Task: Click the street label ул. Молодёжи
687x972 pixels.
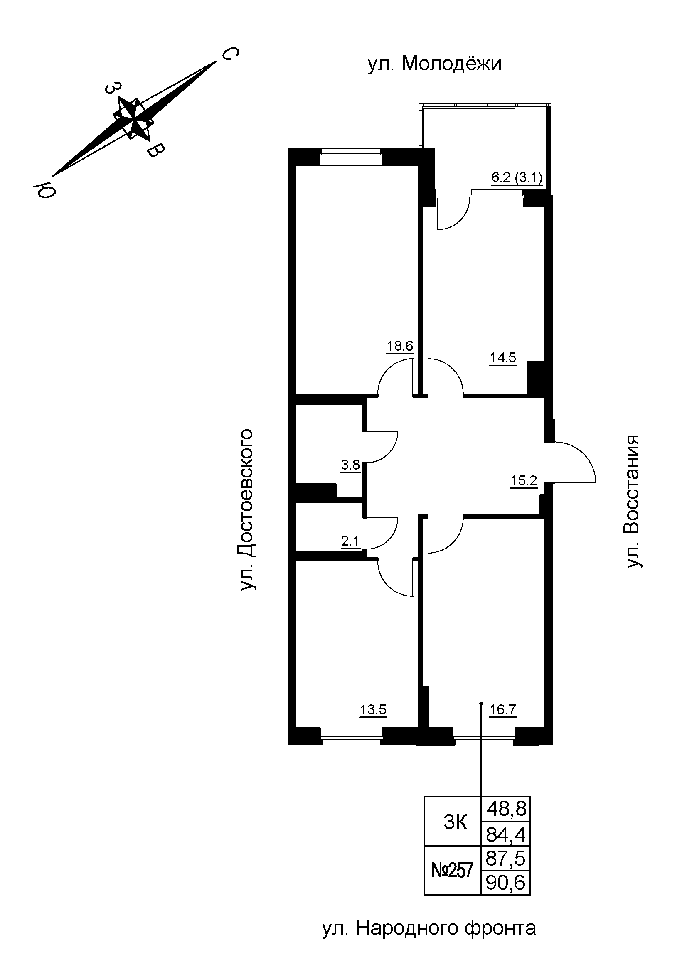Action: coord(434,64)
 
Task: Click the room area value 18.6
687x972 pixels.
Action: coord(399,346)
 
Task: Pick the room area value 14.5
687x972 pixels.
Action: coord(503,358)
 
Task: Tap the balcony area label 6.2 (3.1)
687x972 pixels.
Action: coord(517,178)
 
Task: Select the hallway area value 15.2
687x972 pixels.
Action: coord(523,481)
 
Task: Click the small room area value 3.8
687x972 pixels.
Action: coord(350,466)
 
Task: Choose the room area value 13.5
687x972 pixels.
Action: coord(373,709)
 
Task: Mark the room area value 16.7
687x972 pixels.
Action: coord(503,709)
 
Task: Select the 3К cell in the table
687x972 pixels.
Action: coord(456,822)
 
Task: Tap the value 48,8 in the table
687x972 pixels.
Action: coord(506,810)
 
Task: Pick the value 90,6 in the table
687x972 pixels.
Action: coord(506,883)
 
